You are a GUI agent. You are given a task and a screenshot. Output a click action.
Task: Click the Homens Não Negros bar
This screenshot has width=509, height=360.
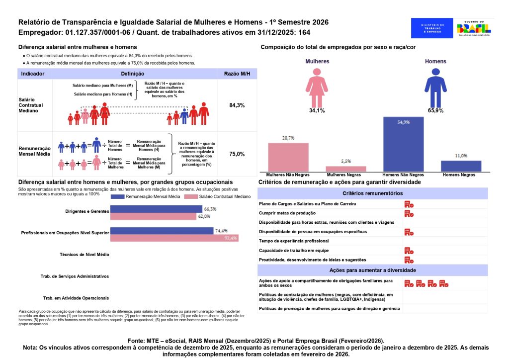403,144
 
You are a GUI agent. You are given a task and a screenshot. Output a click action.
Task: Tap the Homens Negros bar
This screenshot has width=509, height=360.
461,166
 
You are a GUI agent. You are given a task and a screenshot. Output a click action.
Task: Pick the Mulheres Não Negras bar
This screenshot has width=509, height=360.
288,157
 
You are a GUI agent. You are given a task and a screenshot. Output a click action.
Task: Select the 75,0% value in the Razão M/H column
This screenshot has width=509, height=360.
237,154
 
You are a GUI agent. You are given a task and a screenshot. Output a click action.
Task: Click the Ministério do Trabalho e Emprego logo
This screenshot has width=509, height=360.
432,28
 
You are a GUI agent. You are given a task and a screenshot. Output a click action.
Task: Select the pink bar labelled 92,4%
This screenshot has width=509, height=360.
174,238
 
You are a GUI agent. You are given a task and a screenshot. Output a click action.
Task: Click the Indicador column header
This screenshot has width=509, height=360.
33,74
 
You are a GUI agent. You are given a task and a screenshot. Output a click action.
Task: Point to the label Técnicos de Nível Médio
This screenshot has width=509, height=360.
84,254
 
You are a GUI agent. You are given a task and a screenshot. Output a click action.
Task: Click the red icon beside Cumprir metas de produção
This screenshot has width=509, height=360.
409,213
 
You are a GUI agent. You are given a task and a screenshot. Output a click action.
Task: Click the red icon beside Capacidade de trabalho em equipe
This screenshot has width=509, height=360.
409,251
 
